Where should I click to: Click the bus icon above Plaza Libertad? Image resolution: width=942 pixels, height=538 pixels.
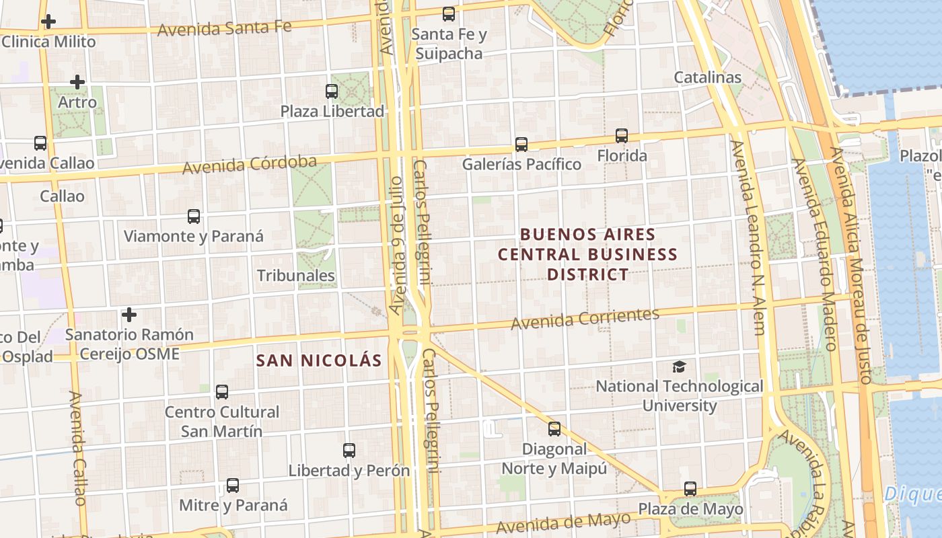[x=332, y=91]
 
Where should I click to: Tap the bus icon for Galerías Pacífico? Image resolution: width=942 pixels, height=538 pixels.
[x=521, y=144]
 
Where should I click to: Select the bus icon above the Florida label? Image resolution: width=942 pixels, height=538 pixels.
[x=622, y=136]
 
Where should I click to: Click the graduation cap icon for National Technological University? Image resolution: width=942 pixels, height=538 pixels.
[x=680, y=367]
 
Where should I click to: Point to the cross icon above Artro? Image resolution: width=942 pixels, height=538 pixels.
[x=77, y=83]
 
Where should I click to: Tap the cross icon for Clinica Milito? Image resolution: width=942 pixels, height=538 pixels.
[x=48, y=22]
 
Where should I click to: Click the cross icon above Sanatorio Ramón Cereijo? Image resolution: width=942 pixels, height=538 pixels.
[x=129, y=314]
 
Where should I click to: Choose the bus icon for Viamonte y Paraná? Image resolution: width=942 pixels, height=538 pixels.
[x=194, y=217]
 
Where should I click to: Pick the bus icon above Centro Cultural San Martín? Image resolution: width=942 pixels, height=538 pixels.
[x=222, y=391]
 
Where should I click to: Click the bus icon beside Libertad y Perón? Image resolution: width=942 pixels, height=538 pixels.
[x=349, y=451]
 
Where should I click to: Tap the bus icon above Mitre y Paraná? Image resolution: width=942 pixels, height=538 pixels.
[x=233, y=485]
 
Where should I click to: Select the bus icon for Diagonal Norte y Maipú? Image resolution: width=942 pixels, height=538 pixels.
[x=554, y=428]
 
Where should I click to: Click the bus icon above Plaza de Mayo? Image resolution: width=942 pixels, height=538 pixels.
[x=690, y=489]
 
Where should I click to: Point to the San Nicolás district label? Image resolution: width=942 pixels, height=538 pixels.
[x=319, y=360]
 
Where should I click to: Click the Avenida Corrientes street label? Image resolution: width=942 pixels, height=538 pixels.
[x=585, y=319]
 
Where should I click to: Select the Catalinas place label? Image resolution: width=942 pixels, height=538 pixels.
[x=708, y=77]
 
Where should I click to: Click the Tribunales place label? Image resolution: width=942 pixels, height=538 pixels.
[x=296, y=275]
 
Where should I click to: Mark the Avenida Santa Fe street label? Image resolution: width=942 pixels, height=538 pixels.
[x=224, y=28]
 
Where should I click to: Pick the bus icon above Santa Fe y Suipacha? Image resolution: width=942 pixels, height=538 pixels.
[x=449, y=13]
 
